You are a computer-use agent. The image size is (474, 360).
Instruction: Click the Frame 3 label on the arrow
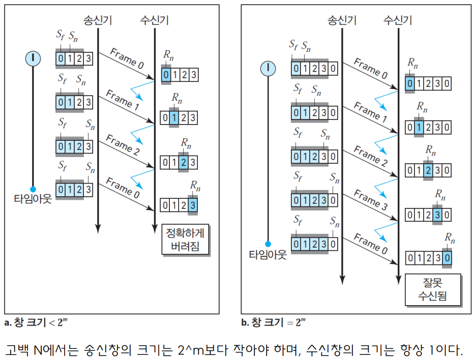click(x=371, y=200)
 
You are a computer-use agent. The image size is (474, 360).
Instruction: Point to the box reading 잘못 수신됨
click(x=433, y=289)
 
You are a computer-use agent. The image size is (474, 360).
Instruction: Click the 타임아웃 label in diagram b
click(x=268, y=255)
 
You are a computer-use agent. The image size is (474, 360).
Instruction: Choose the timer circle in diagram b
click(x=268, y=68)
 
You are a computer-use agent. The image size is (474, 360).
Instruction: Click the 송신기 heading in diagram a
click(x=98, y=20)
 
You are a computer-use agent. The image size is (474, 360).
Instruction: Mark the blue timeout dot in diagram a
click(x=33, y=188)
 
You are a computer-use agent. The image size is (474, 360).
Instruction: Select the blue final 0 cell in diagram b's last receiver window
click(x=447, y=258)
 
